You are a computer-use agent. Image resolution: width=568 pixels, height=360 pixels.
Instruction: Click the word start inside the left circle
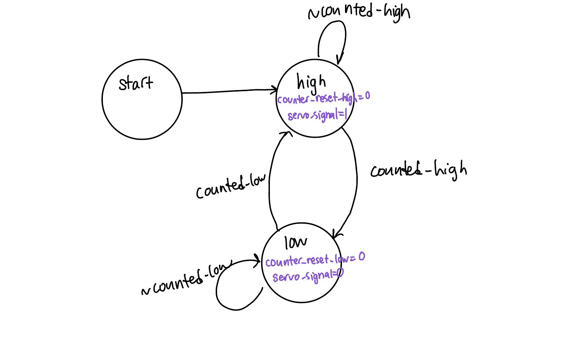135,83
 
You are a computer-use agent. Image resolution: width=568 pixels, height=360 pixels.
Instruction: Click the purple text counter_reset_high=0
323,98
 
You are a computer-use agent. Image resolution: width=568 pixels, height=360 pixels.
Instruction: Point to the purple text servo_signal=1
317,115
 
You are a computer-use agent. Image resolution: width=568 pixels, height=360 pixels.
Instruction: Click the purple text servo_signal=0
308,275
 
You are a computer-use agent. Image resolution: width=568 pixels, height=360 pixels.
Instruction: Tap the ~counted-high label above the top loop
359,12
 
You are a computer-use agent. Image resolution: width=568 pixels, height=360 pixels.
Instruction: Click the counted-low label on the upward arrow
231,186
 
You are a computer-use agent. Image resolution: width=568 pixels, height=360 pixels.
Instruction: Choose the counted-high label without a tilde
418,170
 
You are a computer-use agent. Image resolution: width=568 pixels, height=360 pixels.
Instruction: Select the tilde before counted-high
313,14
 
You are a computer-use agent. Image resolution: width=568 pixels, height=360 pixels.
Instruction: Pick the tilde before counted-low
146,291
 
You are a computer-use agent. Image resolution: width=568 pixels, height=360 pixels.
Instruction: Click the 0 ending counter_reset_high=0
367,96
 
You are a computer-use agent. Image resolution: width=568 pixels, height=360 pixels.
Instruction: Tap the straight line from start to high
227,92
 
